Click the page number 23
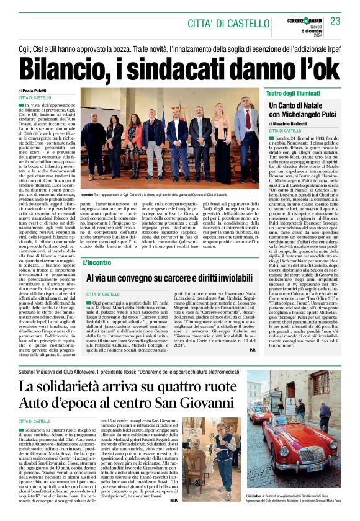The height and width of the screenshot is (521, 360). [x=335, y=21]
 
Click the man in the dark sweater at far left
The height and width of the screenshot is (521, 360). [x=95, y=142]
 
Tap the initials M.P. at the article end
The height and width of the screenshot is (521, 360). [x=174, y=500]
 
